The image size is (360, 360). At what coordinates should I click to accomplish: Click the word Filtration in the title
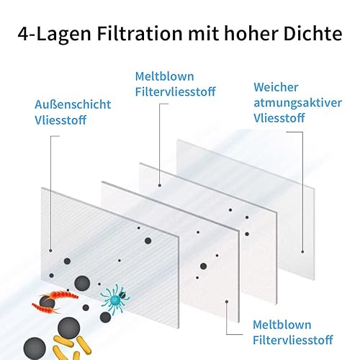140,33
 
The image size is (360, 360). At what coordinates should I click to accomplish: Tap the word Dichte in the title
312,33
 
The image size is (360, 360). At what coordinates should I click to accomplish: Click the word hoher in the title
251,33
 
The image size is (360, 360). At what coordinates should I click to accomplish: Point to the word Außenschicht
73,104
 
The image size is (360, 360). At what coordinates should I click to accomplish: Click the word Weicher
276,87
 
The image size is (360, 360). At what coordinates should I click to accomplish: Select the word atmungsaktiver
298,103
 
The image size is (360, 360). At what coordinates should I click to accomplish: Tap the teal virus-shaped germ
114,298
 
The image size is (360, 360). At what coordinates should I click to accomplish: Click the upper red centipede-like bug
60,294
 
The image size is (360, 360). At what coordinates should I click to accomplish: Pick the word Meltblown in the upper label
165,76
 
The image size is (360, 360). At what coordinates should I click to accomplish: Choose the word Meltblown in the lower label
282,325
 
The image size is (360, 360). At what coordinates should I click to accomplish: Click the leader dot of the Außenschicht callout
50,251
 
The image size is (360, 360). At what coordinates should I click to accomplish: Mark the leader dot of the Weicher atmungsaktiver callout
302,252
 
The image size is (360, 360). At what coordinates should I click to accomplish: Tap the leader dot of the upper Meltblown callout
160,186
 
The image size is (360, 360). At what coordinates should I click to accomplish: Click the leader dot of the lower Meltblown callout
227,302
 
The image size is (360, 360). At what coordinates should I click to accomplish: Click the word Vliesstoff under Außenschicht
60,120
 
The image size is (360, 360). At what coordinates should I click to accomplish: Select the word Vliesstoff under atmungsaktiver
279,118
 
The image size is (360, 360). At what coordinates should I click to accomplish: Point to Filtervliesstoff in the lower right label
293,340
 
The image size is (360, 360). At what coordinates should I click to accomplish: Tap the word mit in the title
203,33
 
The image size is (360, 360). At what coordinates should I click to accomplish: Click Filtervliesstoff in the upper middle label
176,91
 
